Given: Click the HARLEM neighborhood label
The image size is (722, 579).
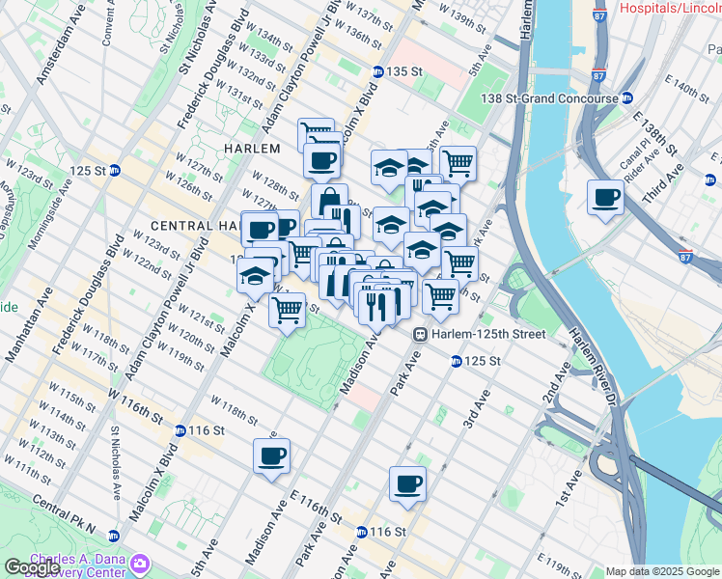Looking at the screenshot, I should tap(252, 149).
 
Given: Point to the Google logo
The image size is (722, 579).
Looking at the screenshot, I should tap(32, 566).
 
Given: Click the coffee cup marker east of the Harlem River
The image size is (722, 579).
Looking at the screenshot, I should tap(605, 198).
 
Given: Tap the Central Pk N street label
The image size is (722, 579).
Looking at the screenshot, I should tap(65, 516).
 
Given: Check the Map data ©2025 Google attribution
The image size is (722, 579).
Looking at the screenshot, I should tap(662, 571).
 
